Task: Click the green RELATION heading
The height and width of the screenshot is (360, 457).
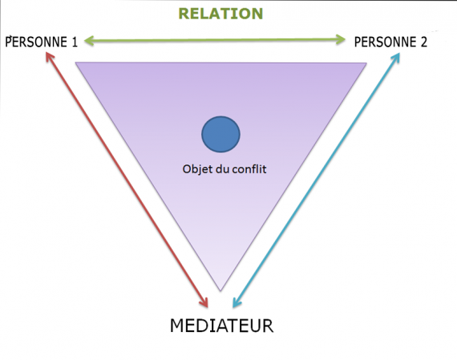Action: [x=220, y=14]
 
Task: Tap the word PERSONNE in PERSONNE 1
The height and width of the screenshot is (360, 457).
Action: [x=36, y=42]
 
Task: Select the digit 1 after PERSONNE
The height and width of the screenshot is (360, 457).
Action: [x=75, y=42]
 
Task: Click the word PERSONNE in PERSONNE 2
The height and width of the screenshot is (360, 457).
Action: [x=385, y=42]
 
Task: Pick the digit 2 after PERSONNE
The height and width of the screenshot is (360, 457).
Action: [x=423, y=42]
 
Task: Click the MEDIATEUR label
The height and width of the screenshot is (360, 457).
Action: [x=221, y=326]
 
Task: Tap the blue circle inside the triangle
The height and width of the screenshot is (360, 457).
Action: [x=220, y=134]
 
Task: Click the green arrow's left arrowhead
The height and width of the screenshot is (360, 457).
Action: [x=89, y=41]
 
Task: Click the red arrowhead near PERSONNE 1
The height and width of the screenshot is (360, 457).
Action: [x=50, y=56]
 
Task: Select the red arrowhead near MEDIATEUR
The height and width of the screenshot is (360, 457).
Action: [x=204, y=302]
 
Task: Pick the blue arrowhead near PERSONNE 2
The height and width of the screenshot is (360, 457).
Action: [x=396, y=58]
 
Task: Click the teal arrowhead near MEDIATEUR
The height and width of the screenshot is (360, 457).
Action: [x=237, y=302]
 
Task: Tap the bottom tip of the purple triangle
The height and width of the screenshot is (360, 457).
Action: [x=220, y=291]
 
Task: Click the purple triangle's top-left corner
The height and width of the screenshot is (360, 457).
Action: [x=76, y=62]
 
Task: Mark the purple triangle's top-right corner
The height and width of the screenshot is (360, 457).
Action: [x=366, y=63]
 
